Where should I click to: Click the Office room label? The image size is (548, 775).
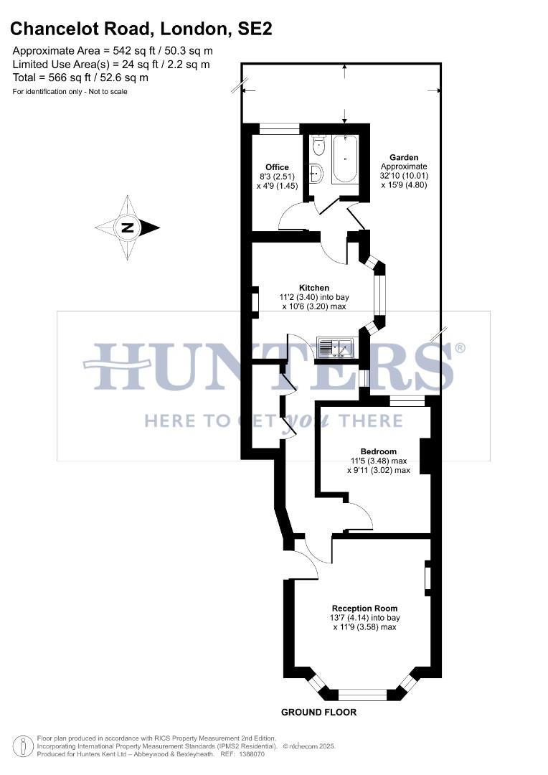coord(277,167)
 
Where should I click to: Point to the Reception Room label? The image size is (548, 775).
coord(366,608)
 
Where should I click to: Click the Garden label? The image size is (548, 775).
coord(404,157)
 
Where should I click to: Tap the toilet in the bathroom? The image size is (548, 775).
coord(319,146)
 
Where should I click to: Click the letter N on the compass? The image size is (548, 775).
coord(128,228)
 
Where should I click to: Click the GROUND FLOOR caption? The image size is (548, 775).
coord(318,713)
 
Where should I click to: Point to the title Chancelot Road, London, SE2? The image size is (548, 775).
coord(141,29)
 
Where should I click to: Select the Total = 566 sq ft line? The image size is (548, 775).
coord(80,77)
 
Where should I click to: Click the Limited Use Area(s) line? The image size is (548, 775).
coord(111,65)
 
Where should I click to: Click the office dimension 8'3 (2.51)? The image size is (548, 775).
coord(277,177)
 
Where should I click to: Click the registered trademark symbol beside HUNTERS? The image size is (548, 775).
coord(460,348)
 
